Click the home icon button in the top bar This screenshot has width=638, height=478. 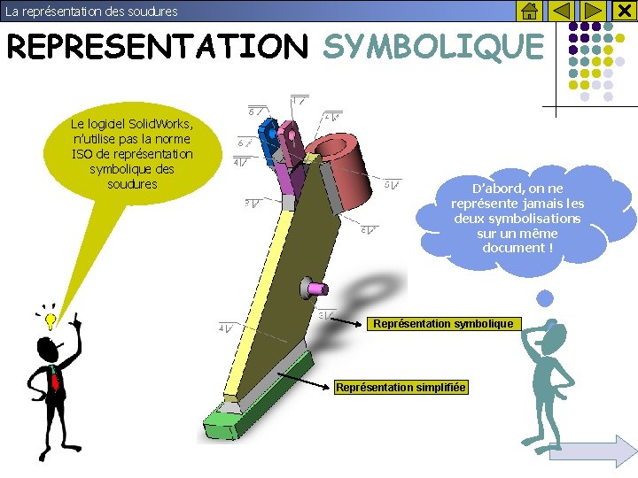click(527, 11)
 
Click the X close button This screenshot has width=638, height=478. click(623, 11)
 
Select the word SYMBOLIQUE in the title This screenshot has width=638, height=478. click(432, 46)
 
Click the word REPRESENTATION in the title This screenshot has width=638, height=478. click(155, 46)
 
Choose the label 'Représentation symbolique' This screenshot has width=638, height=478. click(443, 324)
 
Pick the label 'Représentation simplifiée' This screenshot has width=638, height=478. click(401, 388)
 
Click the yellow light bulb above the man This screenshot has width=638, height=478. click(51, 316)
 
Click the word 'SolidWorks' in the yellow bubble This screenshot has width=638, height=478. click(161, 123)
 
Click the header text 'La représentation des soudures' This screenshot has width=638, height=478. click(91, 12)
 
